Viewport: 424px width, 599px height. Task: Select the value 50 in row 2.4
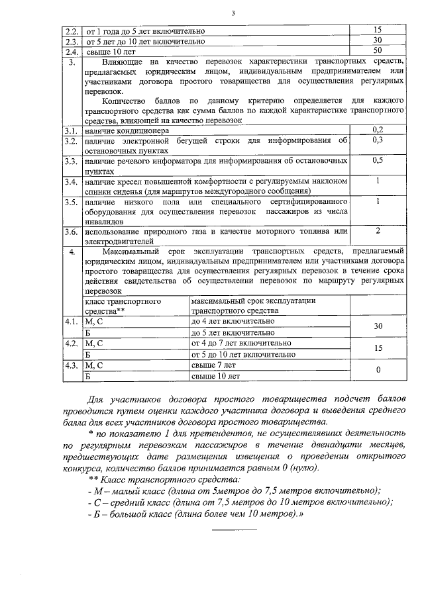378,50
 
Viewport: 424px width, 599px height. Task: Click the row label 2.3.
72,40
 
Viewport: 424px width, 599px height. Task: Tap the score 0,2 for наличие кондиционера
378,130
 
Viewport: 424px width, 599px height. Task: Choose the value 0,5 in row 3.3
378,160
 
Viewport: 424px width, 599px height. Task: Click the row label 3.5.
72,201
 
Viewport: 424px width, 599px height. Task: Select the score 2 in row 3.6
378,230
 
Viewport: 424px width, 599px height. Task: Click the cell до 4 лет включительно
232,321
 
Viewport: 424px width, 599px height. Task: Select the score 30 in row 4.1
378,326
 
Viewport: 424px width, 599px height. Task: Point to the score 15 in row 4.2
378,348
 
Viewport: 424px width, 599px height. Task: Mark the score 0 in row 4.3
378,371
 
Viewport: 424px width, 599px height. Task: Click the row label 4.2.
72,344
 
